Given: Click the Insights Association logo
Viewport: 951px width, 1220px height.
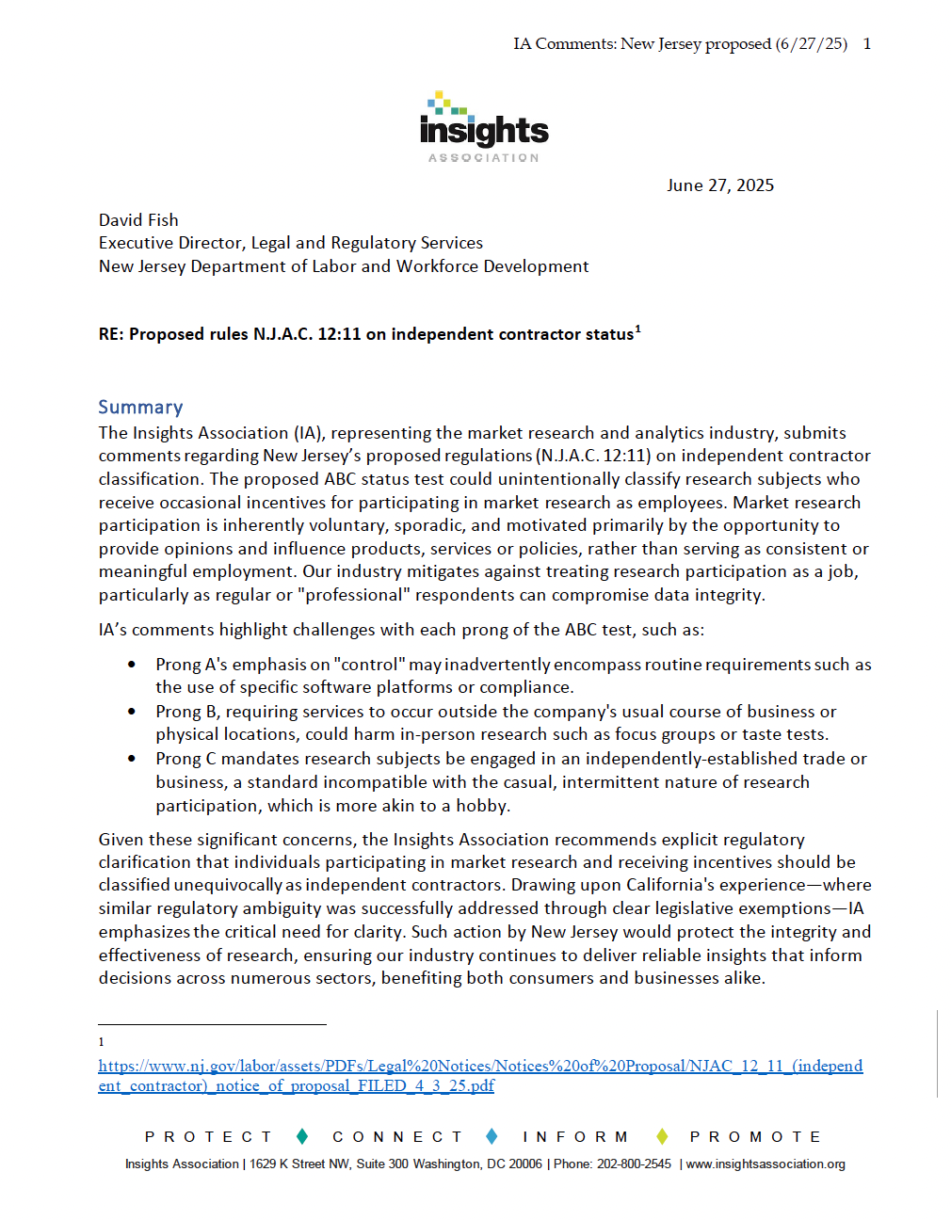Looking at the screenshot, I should pos(484,128).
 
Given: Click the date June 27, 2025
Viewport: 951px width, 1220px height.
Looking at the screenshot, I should pos(720,185).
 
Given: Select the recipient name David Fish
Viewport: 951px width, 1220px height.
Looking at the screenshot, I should pos(138,220).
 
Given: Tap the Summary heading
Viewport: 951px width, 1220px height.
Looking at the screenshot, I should pos(140,407).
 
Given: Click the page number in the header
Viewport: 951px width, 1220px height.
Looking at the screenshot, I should pos(866,43).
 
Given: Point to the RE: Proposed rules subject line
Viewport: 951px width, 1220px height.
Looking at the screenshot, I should pos(366,334).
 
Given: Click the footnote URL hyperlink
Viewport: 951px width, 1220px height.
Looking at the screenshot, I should pos(480,1075).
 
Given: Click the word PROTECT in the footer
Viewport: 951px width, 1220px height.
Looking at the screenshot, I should pos(209,1137).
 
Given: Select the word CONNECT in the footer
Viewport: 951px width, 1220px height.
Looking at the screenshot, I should pos(397,1137).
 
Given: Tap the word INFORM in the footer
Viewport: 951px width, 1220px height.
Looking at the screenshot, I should pos(575,1137).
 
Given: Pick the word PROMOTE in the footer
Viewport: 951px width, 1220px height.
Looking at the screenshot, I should pos(755,1137).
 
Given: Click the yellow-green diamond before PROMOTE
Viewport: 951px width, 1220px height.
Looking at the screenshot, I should pos(662,1136).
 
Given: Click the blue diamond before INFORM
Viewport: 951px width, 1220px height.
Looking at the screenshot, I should pos(492,1136).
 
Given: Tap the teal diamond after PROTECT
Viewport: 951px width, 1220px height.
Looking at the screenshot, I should pos(302,1136).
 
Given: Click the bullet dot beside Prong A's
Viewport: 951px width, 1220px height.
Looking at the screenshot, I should pos(132,665).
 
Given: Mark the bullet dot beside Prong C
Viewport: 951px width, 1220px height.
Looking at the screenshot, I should pos(132,759).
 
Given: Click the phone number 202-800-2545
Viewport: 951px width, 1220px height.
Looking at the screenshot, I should pos(634,1164).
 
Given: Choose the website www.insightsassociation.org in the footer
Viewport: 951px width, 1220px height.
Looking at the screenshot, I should pos(766,1164).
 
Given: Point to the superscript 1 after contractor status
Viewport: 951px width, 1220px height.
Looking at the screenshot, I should pos(638,329).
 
